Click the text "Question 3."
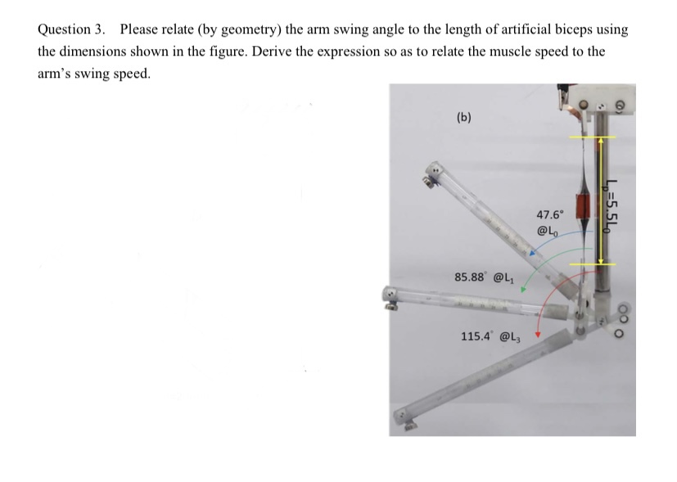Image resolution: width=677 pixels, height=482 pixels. coord(71,29)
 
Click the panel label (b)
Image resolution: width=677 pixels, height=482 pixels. coord(464,117)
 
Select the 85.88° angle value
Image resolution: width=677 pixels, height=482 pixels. coord(472,277)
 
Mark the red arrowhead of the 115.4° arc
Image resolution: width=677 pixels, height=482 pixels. coord(538,335)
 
